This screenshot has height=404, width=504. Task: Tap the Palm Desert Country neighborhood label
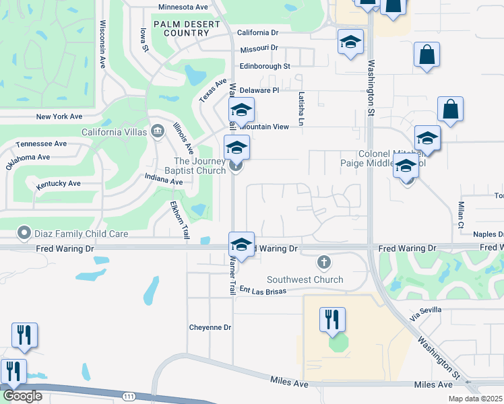(187, 28)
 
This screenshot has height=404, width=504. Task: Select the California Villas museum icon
(158, 130)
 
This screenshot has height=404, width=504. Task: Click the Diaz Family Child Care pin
(25, 233)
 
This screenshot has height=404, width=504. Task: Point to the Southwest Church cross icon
(323, 262)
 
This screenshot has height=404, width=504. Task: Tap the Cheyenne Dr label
(210, 327)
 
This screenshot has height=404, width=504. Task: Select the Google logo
(22, 396)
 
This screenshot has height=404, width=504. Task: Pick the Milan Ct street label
(461, 215)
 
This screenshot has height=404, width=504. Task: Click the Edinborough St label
(265, 67)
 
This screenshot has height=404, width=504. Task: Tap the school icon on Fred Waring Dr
(241, 244)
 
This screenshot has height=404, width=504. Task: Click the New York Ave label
(59, 116)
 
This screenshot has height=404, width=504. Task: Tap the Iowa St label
(144, 39)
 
